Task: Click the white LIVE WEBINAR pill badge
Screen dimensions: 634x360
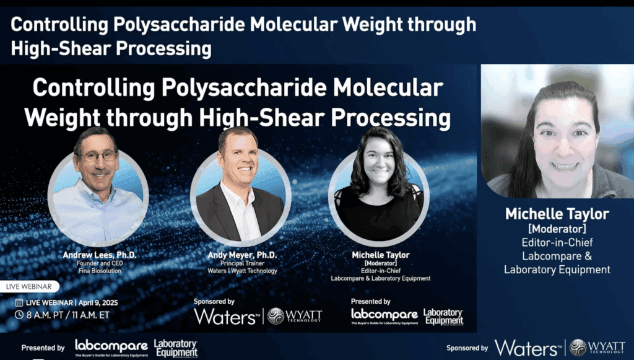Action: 28,286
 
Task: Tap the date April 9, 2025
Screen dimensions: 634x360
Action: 98,302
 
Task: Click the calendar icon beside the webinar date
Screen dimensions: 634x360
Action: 19,302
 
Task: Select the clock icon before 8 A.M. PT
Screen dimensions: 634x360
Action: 19,314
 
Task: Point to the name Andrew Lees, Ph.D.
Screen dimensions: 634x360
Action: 100,255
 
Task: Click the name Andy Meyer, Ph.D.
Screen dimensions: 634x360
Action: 242,255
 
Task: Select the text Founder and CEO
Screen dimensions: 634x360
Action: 100,263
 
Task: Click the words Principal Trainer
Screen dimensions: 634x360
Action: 242,263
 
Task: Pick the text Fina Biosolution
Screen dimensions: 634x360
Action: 100,271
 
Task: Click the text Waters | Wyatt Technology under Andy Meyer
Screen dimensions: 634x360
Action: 242,271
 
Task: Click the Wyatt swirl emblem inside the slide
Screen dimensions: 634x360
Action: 276,316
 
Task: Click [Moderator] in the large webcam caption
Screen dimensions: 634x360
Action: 557,229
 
